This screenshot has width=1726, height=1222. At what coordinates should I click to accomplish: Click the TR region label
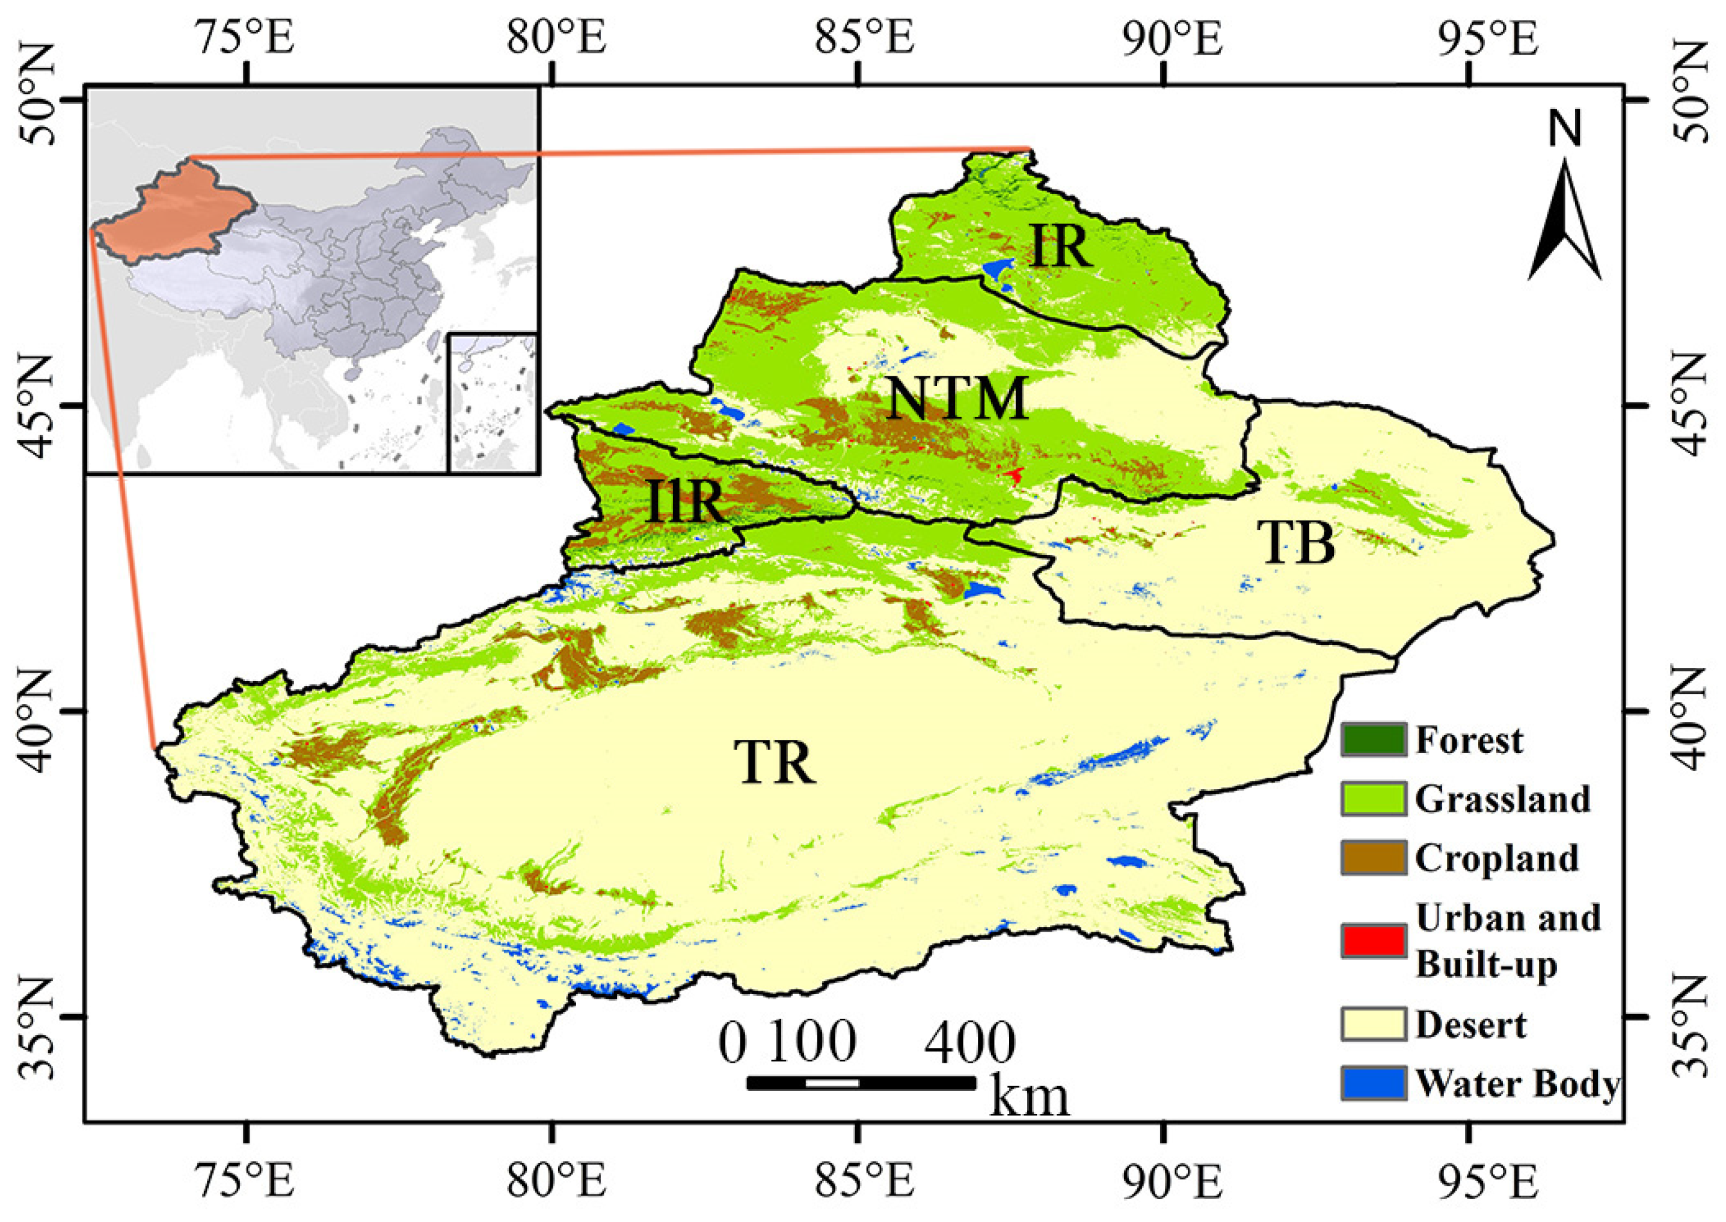coord(775,763)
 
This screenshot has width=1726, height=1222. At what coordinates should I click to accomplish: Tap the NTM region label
coord(957,399)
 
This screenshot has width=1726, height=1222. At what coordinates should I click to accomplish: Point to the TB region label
coord(1296,543)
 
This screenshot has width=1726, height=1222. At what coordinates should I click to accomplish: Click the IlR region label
coord(684,503)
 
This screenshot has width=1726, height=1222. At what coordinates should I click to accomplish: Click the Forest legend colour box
coord(1372,740)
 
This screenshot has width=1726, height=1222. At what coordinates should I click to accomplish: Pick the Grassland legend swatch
coord(1372,798)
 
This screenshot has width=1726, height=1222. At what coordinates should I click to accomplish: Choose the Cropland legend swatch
coord(1372,858)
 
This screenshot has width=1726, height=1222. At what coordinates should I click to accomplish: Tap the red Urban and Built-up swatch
coord(1372,941)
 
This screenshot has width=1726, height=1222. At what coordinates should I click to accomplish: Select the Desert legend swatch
coord(1372,1024)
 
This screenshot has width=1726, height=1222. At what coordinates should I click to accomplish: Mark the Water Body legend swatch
coord(1372,1084)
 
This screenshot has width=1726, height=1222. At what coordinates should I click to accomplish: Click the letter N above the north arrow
coord(1565,129)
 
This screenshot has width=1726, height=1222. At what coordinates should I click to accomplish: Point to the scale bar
coord(861,1083)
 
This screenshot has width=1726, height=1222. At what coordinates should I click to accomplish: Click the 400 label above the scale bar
coord(969,1043)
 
